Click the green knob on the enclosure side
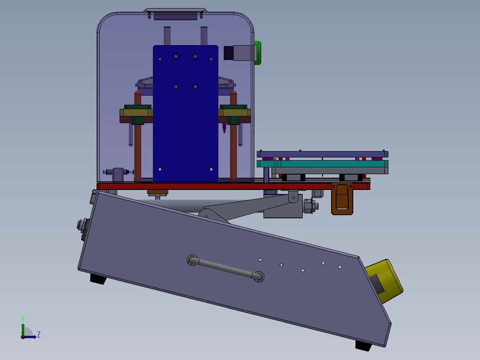coord(258,53)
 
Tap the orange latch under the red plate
coord(342,198)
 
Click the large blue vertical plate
coord(185,114)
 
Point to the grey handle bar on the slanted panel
coord(226,268)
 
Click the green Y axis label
coord(23,319)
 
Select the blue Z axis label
coord(39,334)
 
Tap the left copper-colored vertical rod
coord(138,137)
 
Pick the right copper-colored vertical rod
coord(234,137)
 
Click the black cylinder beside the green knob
coord(228,53)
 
